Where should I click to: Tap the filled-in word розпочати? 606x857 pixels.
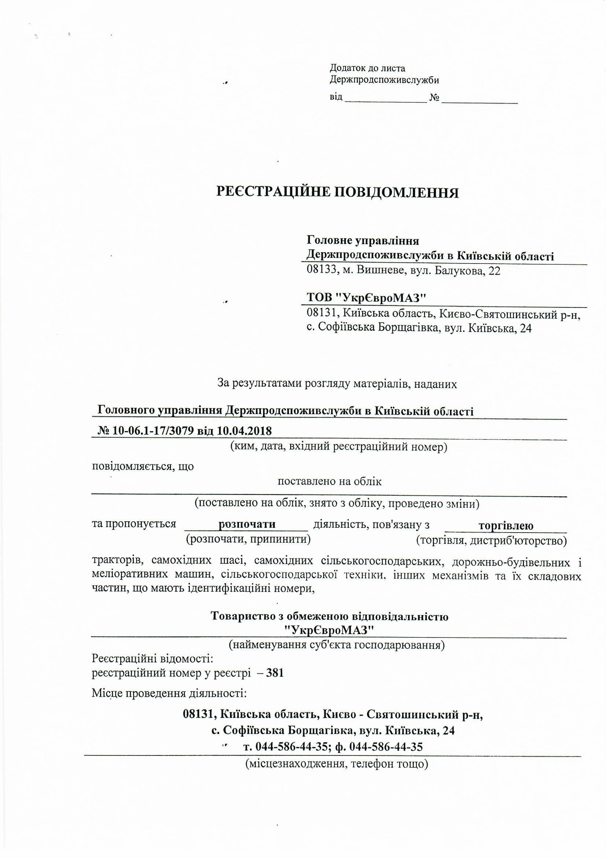pyautogui.click(x=247, y=524)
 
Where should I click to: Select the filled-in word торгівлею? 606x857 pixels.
pyautogui.click(x=506, y=526)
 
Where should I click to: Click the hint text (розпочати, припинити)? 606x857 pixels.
pyautogui.click(x=248, y=539)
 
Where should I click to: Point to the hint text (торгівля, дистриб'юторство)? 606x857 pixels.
pyautogui.click(x=491, y=540)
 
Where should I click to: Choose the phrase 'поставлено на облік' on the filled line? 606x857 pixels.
pyautogui.click(x=329, y=482)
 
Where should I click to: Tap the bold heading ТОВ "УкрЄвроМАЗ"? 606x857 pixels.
pyautogui.click(x=366, y=298)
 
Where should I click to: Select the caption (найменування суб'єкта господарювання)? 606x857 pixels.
pyautogui.click(x=336, y=645)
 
